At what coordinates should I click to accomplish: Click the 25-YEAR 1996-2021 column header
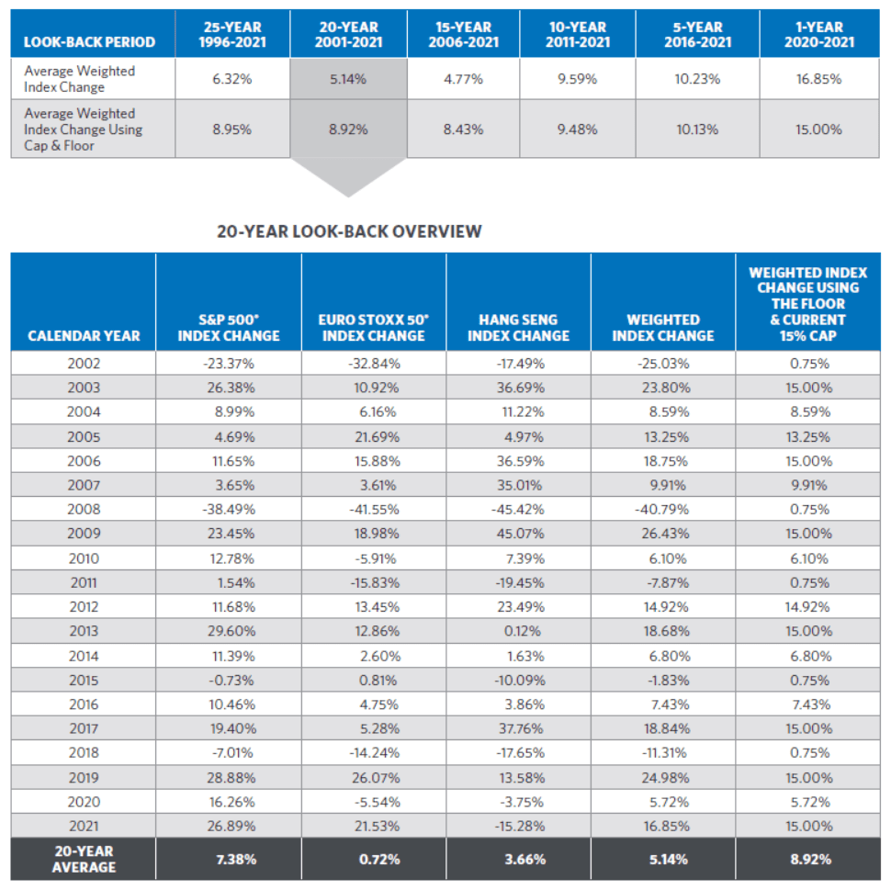pos(232,34)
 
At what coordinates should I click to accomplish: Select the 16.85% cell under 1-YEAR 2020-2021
pos(818,79)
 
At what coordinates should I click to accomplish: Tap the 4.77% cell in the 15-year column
pos(463,79)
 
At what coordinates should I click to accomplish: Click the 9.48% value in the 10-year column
pos(577,130)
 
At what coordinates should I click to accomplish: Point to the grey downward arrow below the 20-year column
pos(348,176)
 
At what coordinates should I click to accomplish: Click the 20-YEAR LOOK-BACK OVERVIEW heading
pos(349,231)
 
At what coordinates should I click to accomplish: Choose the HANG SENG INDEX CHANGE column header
pos(518,328)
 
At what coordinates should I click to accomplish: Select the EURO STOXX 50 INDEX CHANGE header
pos(373,328)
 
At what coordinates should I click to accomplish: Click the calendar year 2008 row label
pos(84,509)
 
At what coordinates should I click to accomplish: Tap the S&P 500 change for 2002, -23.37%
pos(229,363)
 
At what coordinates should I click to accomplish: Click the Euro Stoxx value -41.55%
pos(374,509)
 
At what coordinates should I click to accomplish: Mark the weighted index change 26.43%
pos(665,534)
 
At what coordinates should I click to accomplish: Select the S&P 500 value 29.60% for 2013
pos(231,631)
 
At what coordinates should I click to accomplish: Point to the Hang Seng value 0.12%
pos(523,631)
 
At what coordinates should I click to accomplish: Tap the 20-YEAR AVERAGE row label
pos(84,859)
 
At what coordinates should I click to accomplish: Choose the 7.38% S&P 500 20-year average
pos(236,860)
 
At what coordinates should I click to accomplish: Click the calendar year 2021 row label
pos(84,826)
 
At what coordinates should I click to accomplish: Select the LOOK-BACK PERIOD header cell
pos(89,42)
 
